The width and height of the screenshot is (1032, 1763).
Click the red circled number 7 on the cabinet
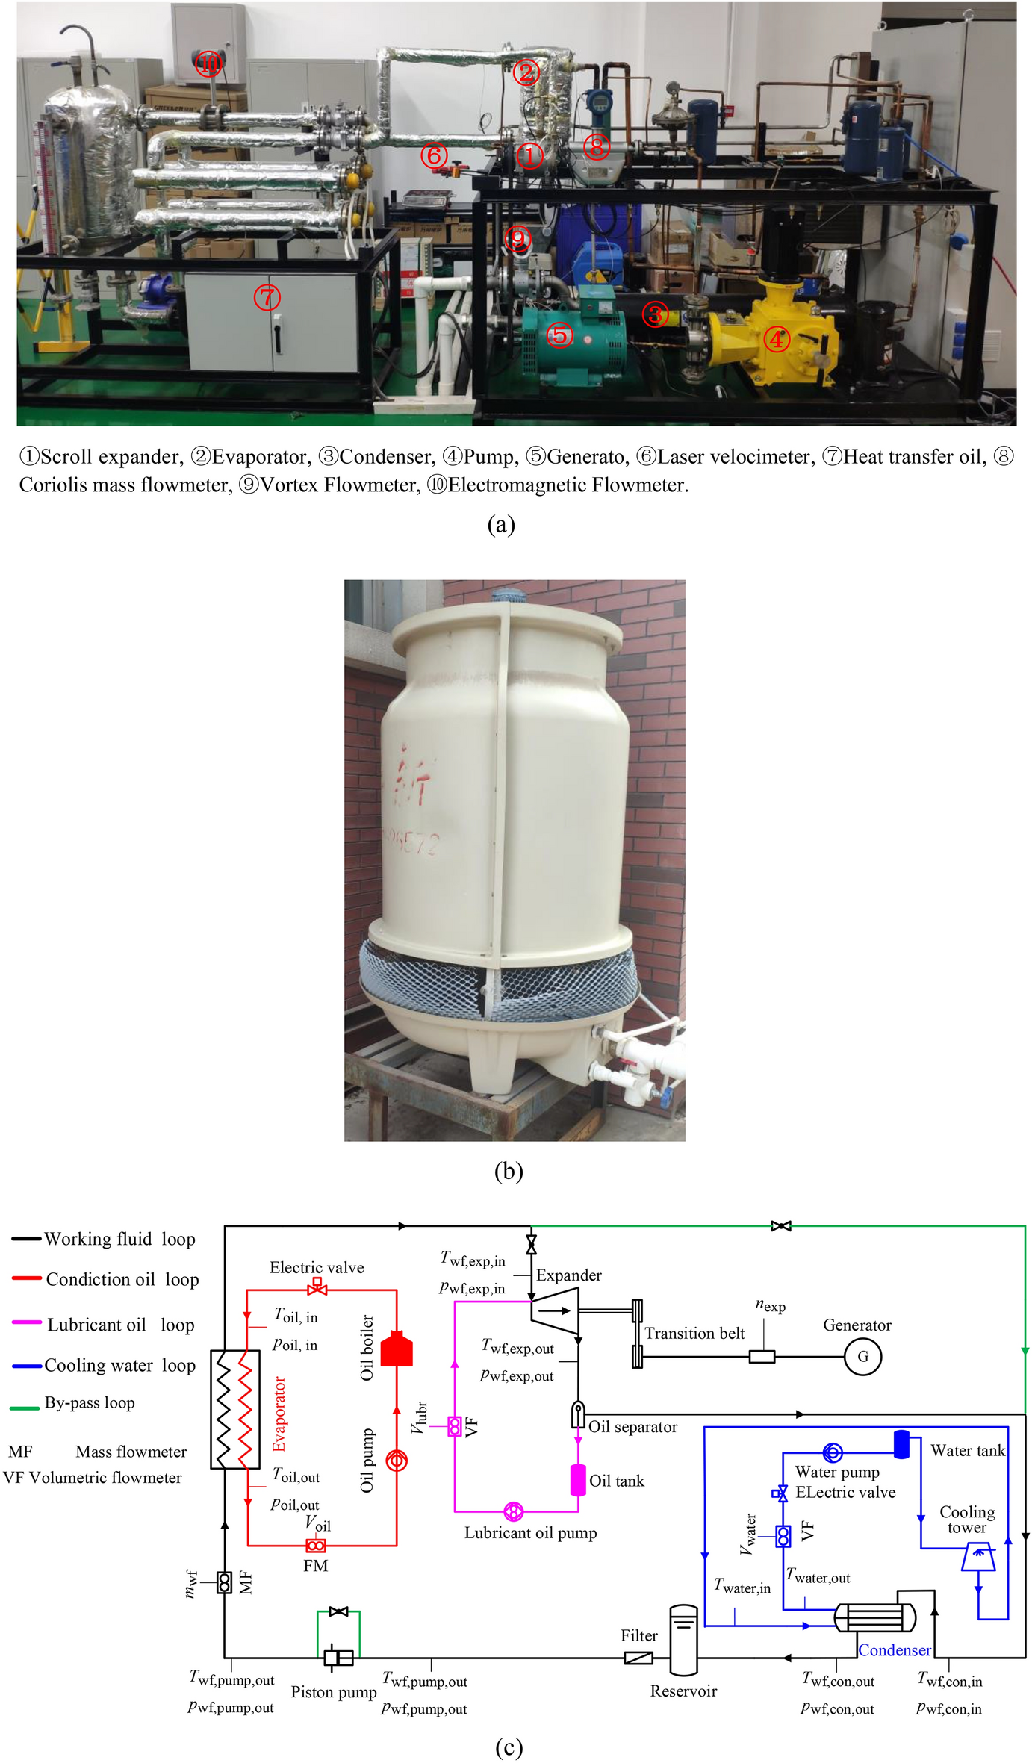tap(267, 297)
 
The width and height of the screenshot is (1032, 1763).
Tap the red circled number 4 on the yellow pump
tap(777, 340)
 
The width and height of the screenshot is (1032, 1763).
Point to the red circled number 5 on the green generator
tap(560, 335)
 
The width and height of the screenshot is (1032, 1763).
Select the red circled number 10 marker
tap(210, 64)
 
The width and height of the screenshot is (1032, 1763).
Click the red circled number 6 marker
tap(434, 155)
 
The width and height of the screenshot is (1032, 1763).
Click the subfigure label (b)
tap(509, 1171)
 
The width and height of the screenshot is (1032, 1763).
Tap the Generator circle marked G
tap(862, 1356)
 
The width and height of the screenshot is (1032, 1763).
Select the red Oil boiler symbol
tap(397, 1349)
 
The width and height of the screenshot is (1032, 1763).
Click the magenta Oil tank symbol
tap(578, 1479)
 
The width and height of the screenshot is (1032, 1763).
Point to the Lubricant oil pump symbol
tap(513, 1511)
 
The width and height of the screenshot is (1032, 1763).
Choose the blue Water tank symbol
tap(901, 1444)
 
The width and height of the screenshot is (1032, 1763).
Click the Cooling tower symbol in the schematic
tap(978, 1558)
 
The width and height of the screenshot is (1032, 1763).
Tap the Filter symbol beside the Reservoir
tap(638, 1658)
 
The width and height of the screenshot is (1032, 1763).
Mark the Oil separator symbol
tap(578, 1414)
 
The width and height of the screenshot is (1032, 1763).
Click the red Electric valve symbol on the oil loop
tap(317, 1287)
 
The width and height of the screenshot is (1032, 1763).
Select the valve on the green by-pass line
tap(781, 1226)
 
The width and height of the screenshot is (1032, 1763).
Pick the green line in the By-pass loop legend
tap(25, 1408)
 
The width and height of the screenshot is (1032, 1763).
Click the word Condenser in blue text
tap(894, 1649)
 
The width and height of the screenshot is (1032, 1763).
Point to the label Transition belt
tap(694, 1333)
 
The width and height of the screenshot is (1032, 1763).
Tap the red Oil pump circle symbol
tap(397, 1461)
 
